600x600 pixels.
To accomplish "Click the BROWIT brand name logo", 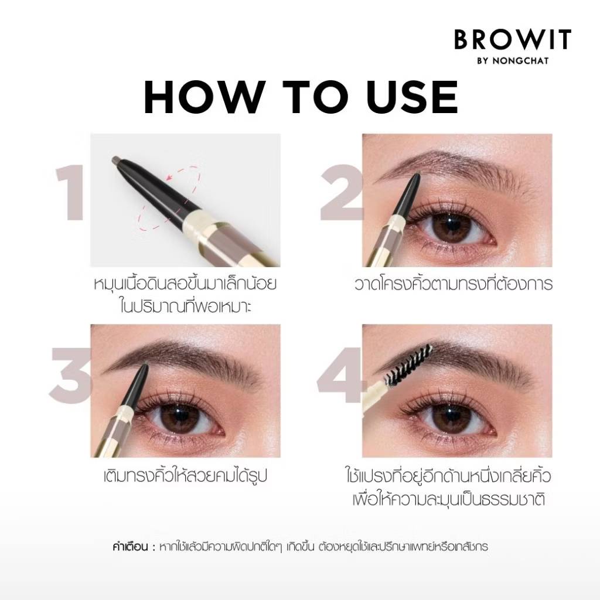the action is coord(513,39).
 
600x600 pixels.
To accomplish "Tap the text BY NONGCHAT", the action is coord(513,61).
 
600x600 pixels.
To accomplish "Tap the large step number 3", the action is coord(71,376).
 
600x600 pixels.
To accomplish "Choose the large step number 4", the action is coord(340,375).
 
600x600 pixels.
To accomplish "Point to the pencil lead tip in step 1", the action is coord(116,159).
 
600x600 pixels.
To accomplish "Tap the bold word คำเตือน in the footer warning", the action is coord(130,547).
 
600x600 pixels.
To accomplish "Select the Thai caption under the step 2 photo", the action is coord(454,284).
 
